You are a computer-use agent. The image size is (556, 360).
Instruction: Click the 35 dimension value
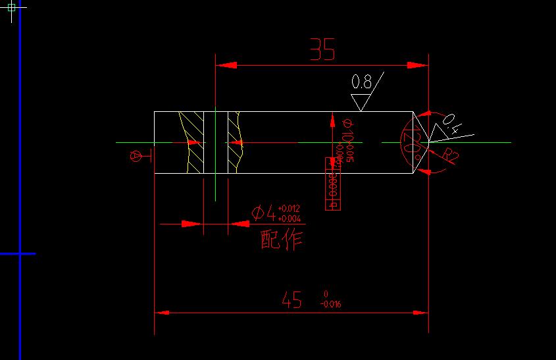(322, 50)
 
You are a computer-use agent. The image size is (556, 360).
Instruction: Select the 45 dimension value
(291, 301)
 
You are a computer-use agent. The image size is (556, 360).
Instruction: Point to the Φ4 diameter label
(263, 213)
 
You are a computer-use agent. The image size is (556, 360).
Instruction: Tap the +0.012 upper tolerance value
(289, 209)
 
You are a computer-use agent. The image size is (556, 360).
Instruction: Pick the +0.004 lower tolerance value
(289, 219)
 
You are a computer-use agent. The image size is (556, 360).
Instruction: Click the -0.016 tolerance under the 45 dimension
(330, 304)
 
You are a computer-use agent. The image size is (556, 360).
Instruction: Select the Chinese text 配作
(282, 240)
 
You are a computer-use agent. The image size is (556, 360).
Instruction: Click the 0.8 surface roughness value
(361, 82)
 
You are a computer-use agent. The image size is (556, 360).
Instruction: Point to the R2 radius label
(451, 155)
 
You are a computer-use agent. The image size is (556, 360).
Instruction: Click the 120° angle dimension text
(411, 142)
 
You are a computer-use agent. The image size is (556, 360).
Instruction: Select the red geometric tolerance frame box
(332, 184)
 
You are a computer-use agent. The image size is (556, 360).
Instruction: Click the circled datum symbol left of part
(136, 156)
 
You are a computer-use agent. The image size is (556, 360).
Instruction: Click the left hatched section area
(191, 142)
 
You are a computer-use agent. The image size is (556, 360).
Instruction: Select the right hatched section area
(236, 142)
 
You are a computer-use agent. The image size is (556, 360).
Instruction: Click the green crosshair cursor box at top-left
(12, 8)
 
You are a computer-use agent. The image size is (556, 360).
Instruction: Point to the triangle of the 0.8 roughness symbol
(360, 102)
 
